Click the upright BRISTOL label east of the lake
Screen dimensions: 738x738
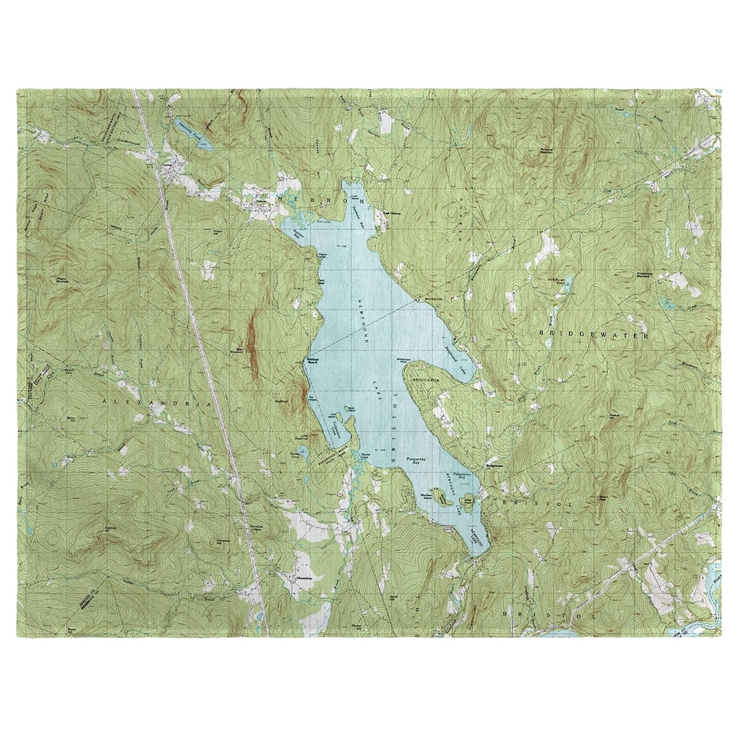pos(542,504)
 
